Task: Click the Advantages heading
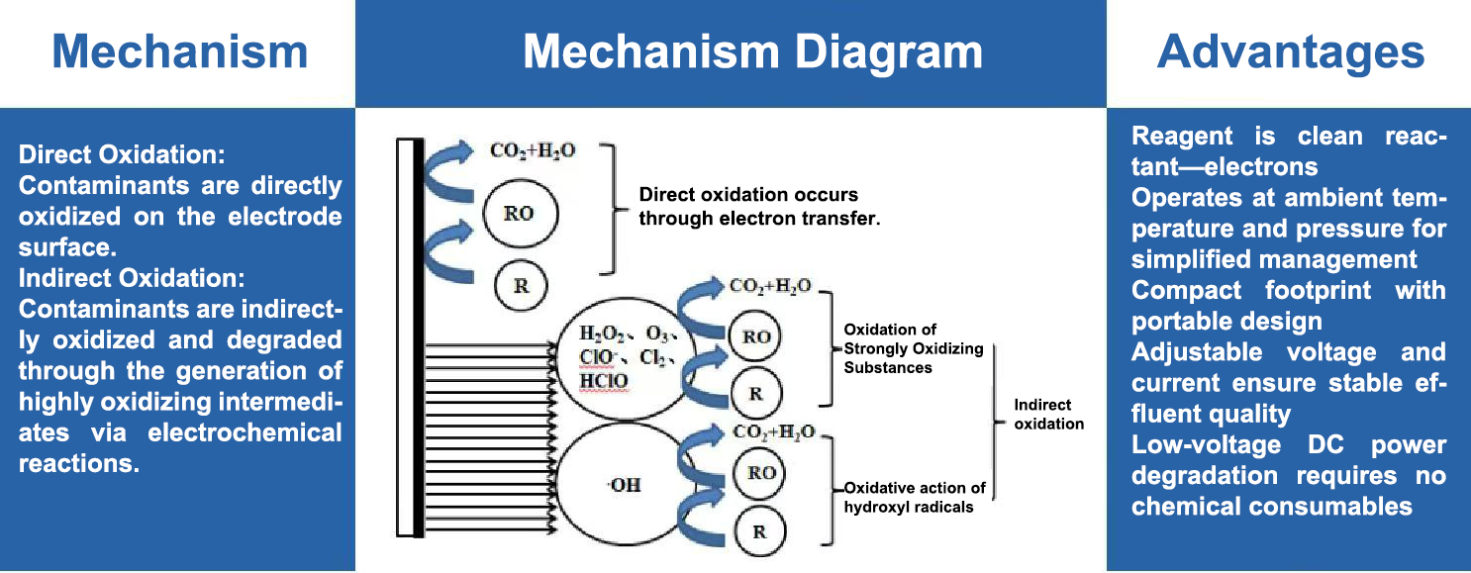(1290, 51)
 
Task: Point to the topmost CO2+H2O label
(533, 152)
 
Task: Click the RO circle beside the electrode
(521, 214)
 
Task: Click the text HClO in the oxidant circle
(603, 382)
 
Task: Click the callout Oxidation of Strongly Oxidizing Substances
(913, 348)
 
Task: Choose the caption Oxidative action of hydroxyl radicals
(915, 498)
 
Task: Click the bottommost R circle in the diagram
(760, 530)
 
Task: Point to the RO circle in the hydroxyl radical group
(760, 472)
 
